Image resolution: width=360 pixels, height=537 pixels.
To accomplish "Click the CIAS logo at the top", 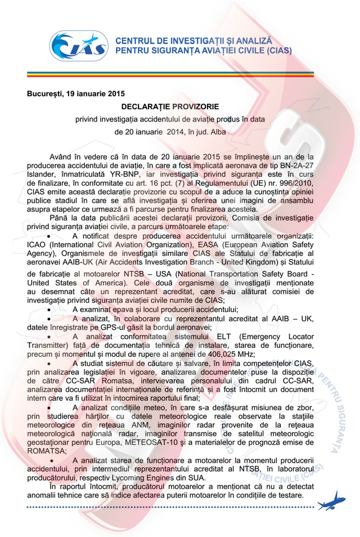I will tap(79, 47).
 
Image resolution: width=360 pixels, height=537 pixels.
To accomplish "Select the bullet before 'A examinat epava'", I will tap(51, 309).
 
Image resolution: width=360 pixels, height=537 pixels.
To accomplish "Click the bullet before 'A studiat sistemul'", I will tap(51, 364).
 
